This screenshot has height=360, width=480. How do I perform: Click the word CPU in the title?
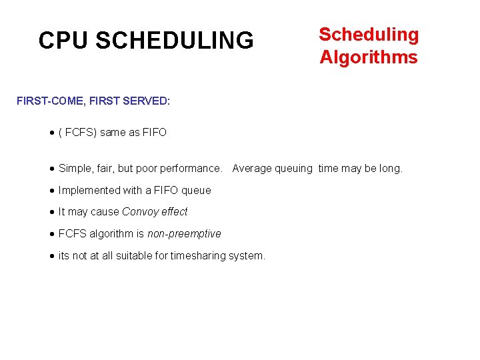pyautogui.click(x=64, y=41)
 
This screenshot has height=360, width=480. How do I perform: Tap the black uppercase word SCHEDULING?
pyautogui.click(x=175, y=41)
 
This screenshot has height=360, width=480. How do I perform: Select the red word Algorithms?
pyautogui.click(x=369, y=57)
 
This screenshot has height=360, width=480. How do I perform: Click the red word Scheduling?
pyautogui.click(x=369, y=35)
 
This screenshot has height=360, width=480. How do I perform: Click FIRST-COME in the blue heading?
pyautogui.click(x=45, y=101)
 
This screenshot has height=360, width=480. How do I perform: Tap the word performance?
pyautogui.click(x=190, y=169)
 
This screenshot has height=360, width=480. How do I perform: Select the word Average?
pyautogui.click(x=252, y=169)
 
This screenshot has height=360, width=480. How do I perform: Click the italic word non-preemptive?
pyautogui.click(x=184, y=233)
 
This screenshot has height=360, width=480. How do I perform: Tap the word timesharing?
pyautogui.click(x=199, y=255)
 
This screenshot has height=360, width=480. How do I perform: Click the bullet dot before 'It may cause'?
pyautogui.click(x=53, y=212)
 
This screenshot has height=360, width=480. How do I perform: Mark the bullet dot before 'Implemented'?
pyautogui.click(x=53, y=191)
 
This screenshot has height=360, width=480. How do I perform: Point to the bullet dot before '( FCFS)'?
pyautogui.click(x=53, y=133)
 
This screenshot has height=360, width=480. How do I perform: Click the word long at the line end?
pyautogui.click(x=391, y=169)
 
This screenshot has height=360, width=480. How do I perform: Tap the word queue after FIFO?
pyautogui.click(x=196, y=191)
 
